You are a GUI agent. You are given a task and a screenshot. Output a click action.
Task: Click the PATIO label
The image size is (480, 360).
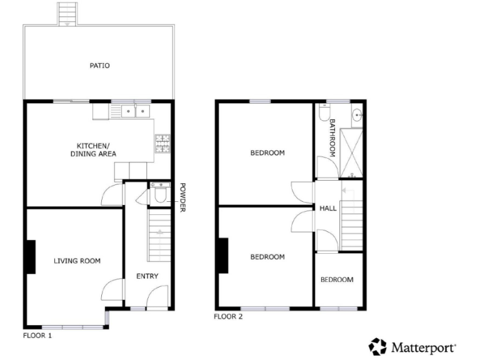click(x=100, y=65)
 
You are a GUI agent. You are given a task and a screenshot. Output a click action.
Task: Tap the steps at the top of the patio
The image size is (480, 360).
click(x=66, y=13)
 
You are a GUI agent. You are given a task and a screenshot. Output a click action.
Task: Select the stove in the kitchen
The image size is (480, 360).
click(x=162, y=145)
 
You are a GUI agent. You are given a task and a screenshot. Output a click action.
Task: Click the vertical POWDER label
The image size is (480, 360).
click(x=183, y=197)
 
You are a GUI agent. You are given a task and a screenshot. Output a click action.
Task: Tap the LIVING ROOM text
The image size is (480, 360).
click(x=77, y=261)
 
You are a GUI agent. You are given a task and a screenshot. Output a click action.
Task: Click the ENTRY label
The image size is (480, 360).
click(x=147, y=276)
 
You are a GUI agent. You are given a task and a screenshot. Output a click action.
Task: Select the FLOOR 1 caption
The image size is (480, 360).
click(x=37, y=336)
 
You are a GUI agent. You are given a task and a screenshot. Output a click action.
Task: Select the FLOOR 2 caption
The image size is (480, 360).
click(x=228, y=316)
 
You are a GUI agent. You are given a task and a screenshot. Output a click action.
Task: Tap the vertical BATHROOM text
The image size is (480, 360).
click(x=332, y=137)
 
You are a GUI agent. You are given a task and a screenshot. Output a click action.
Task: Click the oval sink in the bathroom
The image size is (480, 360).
click(x=357, y=114)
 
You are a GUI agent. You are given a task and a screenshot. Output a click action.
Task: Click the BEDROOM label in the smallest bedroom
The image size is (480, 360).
click(x=337, y=280)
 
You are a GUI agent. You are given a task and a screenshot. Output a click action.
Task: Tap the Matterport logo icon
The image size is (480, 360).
click(x=377, y=346)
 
